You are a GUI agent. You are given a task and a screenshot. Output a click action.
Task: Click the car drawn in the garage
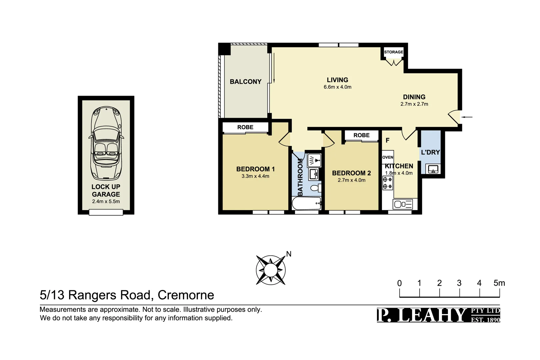tap(106, 143)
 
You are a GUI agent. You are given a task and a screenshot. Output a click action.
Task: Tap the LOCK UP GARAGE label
tap(106, 191)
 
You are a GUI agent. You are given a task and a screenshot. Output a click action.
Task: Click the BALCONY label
tap(246, 82)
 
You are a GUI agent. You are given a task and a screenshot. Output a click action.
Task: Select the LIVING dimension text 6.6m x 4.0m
tap(337, 87)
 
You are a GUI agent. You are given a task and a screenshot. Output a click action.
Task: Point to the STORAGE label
tap(393, 52)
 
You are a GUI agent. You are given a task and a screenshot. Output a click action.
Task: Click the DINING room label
tap(414, 97)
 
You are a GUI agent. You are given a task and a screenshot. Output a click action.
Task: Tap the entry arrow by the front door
tap(468, 117)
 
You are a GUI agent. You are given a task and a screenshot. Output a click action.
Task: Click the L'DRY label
tap(430, 152)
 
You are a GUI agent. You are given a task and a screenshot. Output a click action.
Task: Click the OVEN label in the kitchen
tap(388, 157)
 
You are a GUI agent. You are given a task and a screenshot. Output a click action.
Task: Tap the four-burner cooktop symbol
tap(388, 183)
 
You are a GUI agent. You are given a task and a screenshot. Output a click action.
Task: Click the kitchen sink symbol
tap(403, 204)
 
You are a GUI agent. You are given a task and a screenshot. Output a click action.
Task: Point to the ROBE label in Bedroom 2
tap(361, 135)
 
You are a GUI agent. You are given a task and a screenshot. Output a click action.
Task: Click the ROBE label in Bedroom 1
tap(245, 127)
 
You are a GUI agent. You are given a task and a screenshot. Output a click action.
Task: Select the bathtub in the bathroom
tap(306, 203)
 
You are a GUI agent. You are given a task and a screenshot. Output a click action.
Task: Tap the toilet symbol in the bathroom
tap(315, 188)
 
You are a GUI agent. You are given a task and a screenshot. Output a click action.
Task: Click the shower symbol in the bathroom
tap(314, 160)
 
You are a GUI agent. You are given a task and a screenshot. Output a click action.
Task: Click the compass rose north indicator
tap(289, 254)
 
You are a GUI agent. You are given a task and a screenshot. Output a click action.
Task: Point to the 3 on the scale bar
tap(459, 283)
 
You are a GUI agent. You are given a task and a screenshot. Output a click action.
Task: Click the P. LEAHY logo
tap(438, 315)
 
